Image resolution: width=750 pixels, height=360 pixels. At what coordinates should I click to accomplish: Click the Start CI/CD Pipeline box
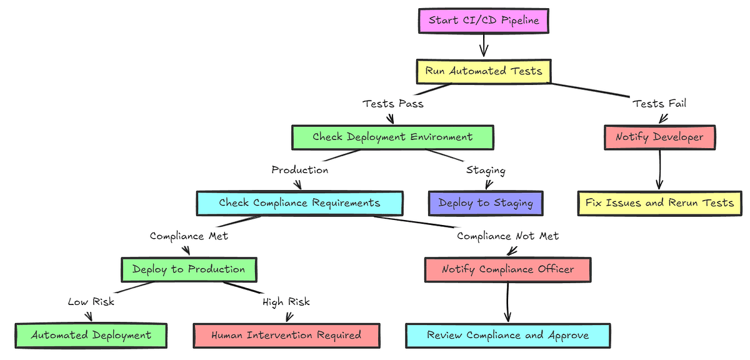tap(484, 21)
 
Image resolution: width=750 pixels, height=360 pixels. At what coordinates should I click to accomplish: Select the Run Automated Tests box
tap(484, 71)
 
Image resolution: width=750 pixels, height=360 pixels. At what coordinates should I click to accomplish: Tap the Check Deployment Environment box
tap(392, 137)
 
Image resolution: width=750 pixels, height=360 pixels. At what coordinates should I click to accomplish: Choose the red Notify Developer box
tap(659, 137)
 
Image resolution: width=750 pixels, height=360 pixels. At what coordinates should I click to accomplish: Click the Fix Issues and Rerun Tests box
tap(659, 203)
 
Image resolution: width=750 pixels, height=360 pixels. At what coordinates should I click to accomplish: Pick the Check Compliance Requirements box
tap(299, 203)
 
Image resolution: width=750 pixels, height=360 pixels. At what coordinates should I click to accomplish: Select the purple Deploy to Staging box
tap(486, 203)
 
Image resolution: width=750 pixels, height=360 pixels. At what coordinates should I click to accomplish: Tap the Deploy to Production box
tap(189, 269)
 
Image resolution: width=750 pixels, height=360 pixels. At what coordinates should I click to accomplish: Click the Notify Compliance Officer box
tap(507, 269)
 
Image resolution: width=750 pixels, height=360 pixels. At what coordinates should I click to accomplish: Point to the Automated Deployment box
tap(91, 335)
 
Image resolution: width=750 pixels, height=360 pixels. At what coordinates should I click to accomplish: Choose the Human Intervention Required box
tap(286, 335)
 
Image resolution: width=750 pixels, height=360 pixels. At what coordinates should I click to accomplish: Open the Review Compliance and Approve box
tap(507, 335)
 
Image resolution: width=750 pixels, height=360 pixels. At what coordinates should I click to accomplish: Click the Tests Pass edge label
tap(393, 104)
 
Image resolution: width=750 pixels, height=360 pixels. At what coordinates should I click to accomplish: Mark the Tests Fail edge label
tap(659, 104)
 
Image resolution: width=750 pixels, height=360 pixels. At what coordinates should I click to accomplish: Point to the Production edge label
tap(300, 170)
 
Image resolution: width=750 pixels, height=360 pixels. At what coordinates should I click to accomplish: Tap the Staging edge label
tap(486, 170)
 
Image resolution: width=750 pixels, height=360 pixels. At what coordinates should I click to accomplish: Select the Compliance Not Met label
tap(507, 236)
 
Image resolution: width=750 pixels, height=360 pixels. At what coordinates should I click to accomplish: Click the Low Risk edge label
tap(91, 302)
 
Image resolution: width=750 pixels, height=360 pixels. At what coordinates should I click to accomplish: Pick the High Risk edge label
tap(286, 302)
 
